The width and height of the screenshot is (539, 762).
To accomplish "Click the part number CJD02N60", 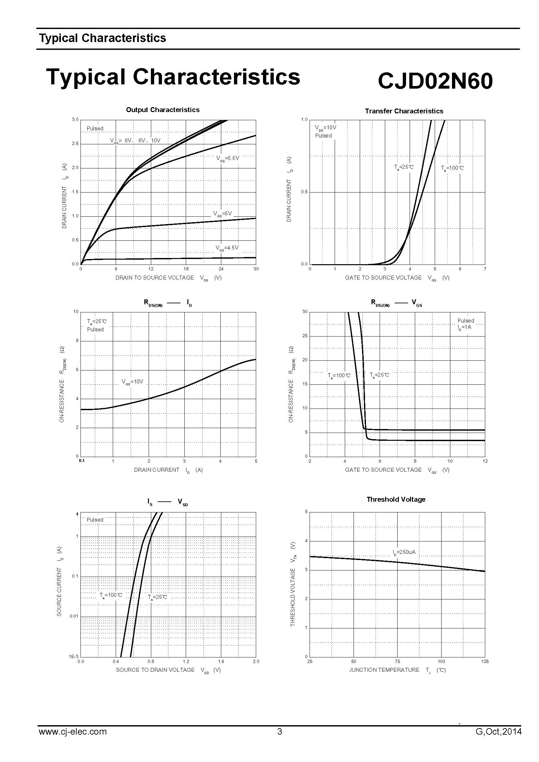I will pos(435,81).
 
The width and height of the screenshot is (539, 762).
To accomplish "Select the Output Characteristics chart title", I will pos(163,110).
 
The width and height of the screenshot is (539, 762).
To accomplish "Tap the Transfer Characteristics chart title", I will pos(404,111).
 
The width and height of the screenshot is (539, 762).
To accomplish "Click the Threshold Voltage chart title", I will pos(396,499).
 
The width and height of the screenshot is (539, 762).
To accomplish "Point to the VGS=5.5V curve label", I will pos(227,159).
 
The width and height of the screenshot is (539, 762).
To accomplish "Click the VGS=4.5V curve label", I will pos(227,248).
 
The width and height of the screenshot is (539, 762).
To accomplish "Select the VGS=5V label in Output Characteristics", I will pos(222,214).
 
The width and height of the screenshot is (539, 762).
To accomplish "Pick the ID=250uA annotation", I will pos(404,552).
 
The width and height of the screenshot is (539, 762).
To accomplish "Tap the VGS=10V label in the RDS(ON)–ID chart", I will pos(132,382).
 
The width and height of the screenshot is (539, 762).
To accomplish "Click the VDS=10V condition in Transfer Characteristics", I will pos(326,128).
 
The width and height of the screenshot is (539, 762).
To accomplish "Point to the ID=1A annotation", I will pos(464,327).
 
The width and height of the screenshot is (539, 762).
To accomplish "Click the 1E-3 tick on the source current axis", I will pos(74,656).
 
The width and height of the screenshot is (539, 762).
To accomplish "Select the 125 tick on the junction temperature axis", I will pos(485,661).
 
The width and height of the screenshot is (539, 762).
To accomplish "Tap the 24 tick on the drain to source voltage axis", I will pos(221,269).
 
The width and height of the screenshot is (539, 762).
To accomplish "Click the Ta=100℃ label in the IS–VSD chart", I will pos(111,595).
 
